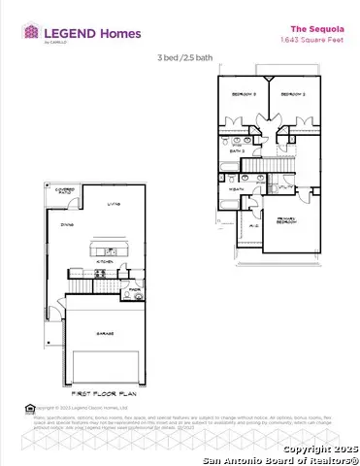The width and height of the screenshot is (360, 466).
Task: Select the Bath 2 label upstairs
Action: click(x=236, y=151)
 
